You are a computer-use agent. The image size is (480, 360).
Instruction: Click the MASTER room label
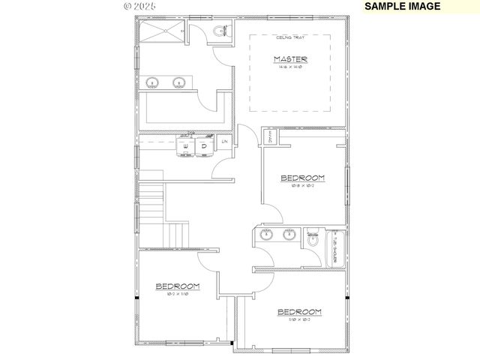point(290,59)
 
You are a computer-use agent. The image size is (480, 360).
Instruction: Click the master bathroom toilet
point(220,31)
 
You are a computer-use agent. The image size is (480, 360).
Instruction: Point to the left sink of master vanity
point(153,83)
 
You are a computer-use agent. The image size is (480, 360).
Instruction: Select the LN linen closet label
point(223,141)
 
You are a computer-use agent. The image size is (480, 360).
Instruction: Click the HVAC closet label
point(270,137)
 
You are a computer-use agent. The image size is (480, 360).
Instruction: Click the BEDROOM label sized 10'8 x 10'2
point(302,178)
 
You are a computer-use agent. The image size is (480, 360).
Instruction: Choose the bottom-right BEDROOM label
point(299,312)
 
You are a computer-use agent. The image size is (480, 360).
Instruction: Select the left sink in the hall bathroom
point(265,235)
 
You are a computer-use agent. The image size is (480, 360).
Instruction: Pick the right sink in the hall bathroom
point(289,235)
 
